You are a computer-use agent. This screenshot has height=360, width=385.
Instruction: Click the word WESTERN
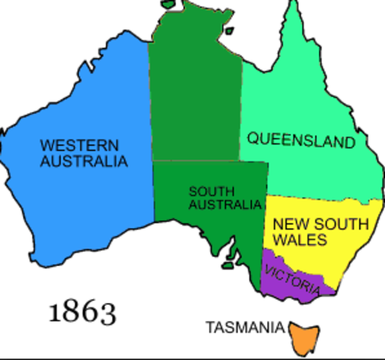coord(69,145)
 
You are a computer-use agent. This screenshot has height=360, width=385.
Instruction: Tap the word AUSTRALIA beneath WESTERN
coord(83,160)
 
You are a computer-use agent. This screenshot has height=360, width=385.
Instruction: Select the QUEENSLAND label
coord(301,139)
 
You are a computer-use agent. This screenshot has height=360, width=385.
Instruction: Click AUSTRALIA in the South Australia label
coord(225,204)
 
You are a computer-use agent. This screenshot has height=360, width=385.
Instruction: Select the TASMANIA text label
coord(245,328)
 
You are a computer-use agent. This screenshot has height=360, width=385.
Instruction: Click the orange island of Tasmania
coord(305,337)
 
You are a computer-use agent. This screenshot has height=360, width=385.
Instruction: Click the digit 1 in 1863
coord(55,310)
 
